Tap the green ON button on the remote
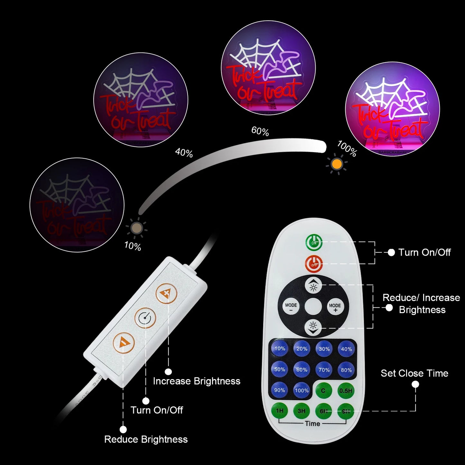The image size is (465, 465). (314, 243)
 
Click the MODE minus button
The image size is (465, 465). (291, 307)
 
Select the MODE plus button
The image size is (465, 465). (335, 307)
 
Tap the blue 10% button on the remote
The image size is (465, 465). (280, 349)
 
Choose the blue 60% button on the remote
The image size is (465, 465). (302, 370)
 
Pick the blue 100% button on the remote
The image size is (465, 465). (302, 391)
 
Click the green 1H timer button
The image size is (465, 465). (280, 411)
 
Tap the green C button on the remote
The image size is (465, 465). (323, 391)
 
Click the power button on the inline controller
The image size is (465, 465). (145, 318)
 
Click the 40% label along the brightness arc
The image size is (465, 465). (184, 153)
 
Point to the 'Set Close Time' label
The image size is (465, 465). (414, 373)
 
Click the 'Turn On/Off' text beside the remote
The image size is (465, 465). (424, 252)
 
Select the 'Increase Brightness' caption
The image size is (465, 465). (197, 381)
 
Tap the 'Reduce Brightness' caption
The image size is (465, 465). (146, 439)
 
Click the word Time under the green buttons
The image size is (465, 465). (312, 423)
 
